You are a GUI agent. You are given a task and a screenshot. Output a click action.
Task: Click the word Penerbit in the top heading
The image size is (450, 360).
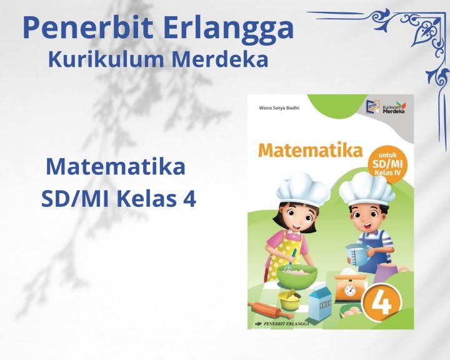click(x=83, y=28)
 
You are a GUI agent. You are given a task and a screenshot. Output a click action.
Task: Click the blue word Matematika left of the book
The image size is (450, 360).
click(x=116, y=167)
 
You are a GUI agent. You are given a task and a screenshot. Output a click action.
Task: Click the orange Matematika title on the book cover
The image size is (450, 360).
click(x=309, y=151)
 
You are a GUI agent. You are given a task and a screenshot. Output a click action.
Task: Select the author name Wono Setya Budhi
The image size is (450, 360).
click(x=279, y=107)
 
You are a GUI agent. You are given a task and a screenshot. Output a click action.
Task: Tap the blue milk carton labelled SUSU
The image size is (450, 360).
click(x=324, y=299)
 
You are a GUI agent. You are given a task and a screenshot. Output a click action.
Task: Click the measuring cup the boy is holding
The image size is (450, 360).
click(x=356, y=254)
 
